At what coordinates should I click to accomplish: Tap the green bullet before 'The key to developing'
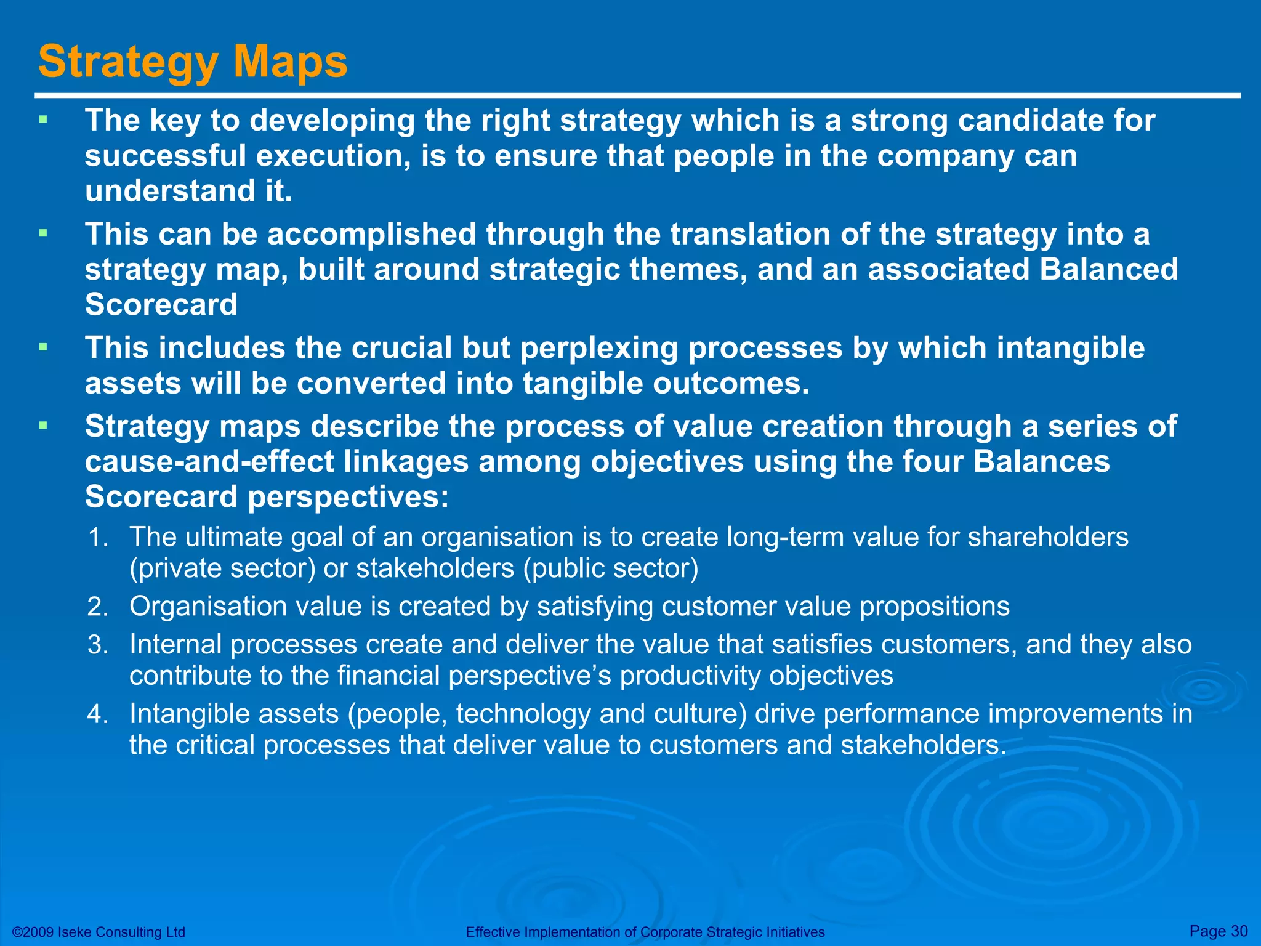click(42, 119)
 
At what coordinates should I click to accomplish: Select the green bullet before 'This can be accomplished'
click(42, 233)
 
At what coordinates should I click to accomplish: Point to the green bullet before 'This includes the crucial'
click(42, 347)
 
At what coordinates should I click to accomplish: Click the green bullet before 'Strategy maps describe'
click(42, 425)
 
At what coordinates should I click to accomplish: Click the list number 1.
click(98, 538)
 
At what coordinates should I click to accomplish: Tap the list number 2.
click(98, 607)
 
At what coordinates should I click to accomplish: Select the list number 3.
click(98, 645)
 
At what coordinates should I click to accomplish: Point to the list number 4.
click(98, 714)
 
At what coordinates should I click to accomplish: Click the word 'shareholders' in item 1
click(1047, 537)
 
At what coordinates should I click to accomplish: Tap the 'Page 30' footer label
click(1219, 931)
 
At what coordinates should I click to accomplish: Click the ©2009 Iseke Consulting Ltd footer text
click(99, 932)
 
